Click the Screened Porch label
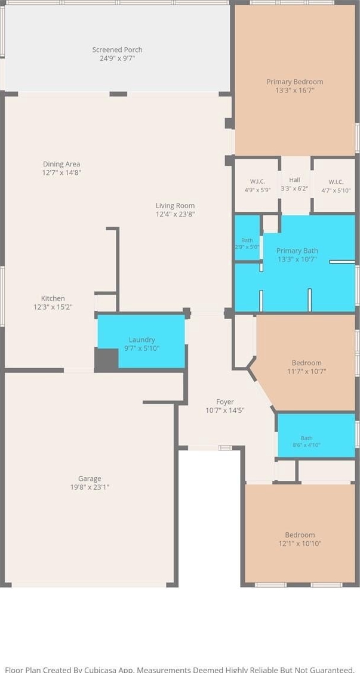[x=117, y=50]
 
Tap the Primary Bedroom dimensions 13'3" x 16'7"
[x=295, y=91]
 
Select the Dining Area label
[x=61, y=164]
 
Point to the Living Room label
[x=176, y=206]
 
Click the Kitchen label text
[x=53, y=298]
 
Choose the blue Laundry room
[x=141, y=341]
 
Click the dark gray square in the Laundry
[x=106, y=360]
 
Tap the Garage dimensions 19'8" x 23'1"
[x=90, y=487]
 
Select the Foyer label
[x=225, y=402]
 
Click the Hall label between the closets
[x=295, y=180]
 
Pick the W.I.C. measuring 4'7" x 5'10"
[x=336, y=186]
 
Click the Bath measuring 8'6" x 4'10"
[x=316, y=435]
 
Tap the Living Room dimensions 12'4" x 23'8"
[x=176, y=214]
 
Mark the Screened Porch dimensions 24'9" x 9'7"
[x=117, y=58]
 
